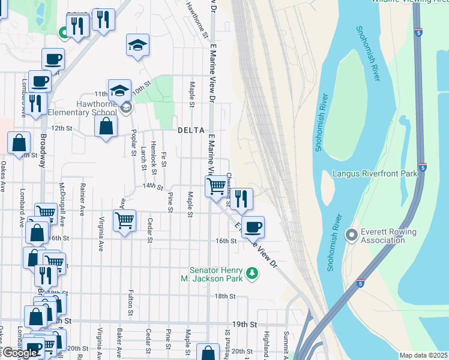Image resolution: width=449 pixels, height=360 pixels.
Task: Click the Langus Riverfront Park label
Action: pyautogui.click(x=375, y=174)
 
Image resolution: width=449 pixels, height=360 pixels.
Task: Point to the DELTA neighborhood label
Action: pyautogui.click(x=191, y=130)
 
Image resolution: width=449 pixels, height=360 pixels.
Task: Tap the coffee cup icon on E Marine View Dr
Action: pyautogui.click(x=253, y=226)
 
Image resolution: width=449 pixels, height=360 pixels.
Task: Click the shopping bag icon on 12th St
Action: pyautogui.click(x=106, y=126)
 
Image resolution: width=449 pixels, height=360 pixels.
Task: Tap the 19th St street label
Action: pyautogui.click(x=244, y=324)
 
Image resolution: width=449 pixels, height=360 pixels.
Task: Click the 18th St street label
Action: pyautogui.click(x=224, y=296)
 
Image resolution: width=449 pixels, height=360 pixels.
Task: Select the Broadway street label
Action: pyautogui.click(x=43, y=150)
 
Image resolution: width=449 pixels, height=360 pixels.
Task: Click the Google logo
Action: pyautogui.click(x=19, y=353)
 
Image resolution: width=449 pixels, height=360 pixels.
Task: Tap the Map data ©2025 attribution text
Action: pyautogui.click(x=424, y=355)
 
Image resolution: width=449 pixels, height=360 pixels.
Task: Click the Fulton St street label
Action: pyautogui.click(x=130, y=303)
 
